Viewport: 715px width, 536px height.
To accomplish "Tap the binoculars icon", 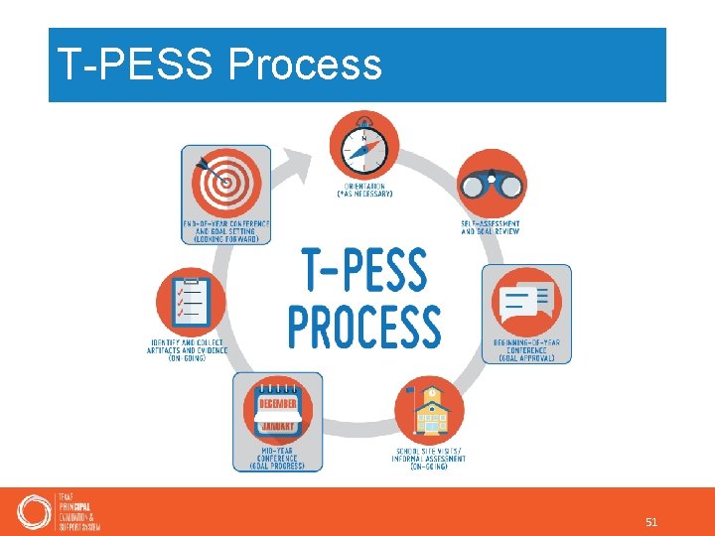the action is coord(492,185).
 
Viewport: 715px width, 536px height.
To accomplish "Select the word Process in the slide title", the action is coord(305,65).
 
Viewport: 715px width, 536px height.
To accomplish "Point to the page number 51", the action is coord(651,521).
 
